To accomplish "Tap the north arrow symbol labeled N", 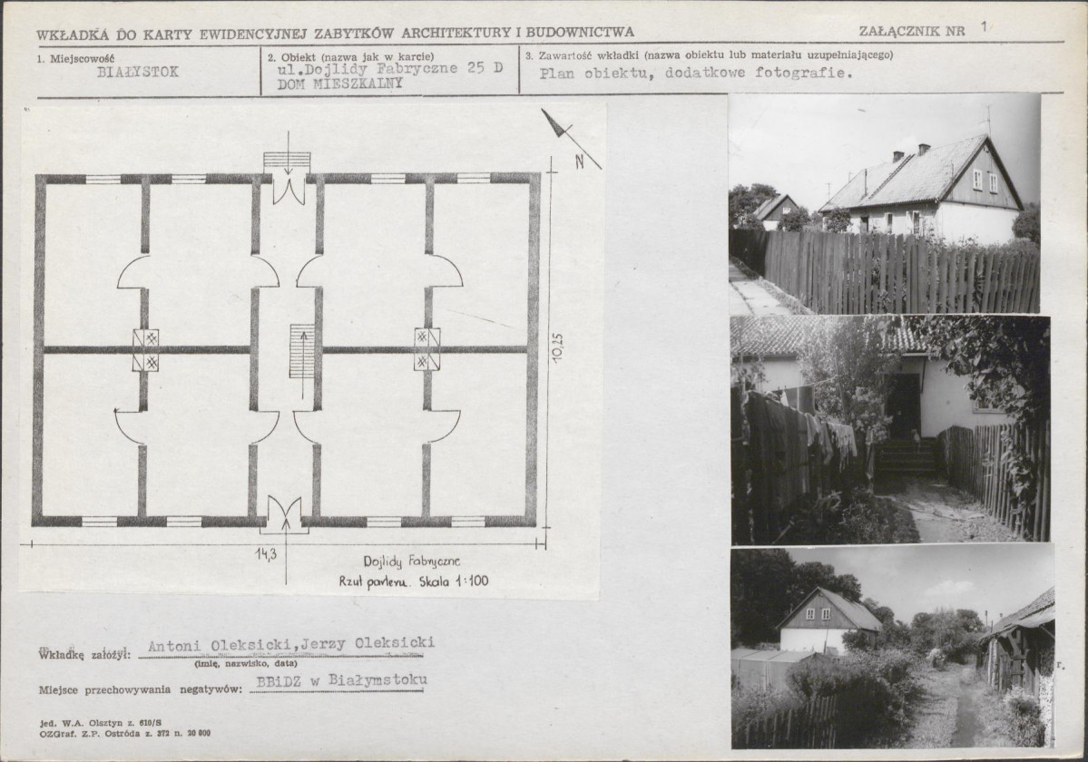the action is [x=571, y=140].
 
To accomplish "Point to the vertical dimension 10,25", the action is [x=559, y=347].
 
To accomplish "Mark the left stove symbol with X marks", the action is [x=146, y=349].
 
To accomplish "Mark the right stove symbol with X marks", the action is [x=426, y=348].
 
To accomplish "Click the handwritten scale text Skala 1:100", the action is [x=454, y=581].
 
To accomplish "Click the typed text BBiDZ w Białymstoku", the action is [x=341, y=681].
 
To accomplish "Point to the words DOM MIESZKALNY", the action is [x=340, y=84].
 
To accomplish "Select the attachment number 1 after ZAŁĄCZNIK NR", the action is [x=984, y=27].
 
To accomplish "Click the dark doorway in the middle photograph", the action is [x=905, y=404].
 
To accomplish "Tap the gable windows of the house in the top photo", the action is [x=985, y=181].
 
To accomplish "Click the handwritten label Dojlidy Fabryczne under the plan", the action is [x=411, y=562].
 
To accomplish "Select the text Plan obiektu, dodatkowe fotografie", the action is [x=696, y=73].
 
